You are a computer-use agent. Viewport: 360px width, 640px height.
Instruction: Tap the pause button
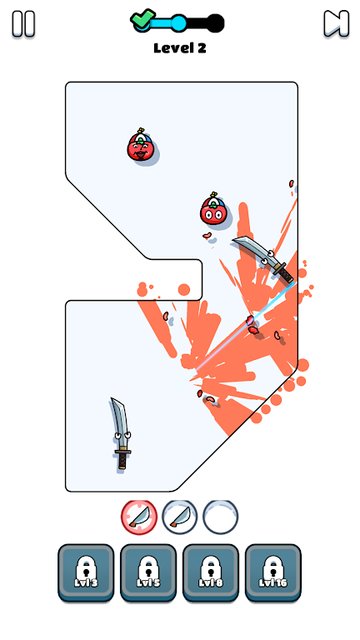[x=24, y=24]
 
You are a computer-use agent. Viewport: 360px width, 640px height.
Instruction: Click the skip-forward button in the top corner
[x=335, y=24]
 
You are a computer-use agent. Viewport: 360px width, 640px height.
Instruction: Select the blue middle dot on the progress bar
[x=178, y=22]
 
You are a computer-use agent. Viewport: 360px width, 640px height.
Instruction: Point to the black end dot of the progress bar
[x=216, y=22]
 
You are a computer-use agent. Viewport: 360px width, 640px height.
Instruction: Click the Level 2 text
[x=179, y=47]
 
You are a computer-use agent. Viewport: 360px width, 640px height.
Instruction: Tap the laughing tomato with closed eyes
[x=140, y=149]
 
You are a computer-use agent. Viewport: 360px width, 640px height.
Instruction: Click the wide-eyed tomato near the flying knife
[x=212, y=211]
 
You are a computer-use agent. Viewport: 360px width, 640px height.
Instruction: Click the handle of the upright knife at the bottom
[x=122, y=458]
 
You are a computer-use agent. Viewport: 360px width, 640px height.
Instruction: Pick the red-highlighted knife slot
[x=139, y=516]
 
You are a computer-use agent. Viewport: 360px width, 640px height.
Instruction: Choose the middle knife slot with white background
[x=179, y=516]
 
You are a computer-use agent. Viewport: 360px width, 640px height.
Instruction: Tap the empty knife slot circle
[x=220, y=516]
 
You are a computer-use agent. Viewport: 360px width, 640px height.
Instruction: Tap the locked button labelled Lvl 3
[x=86, y=572]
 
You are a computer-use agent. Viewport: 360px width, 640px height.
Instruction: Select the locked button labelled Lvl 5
[x=148, y=572]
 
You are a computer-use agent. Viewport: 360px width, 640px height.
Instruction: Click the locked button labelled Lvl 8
[x=210, y=572]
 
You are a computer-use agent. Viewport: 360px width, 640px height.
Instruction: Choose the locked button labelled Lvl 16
[x=272, y=572]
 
